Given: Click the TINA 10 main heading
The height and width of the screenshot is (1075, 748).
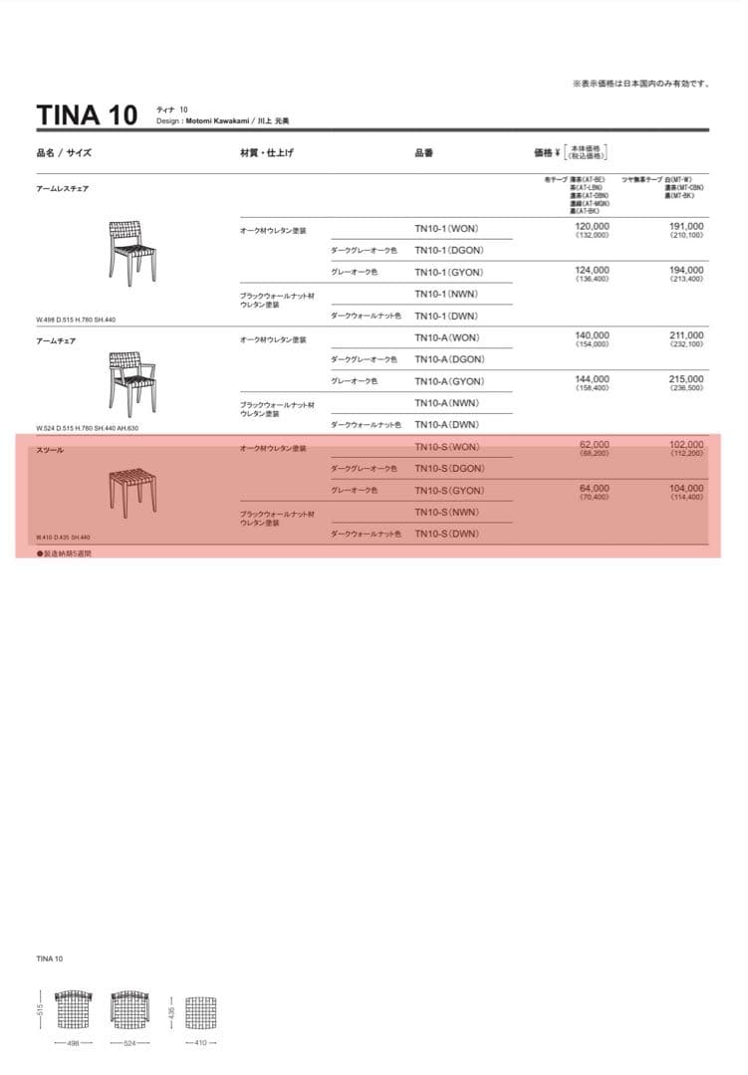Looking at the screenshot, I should tap(87, 114).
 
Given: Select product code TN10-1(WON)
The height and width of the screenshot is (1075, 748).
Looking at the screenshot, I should tap(446, 228).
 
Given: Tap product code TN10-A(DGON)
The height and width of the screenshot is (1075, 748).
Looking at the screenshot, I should tap(449, 359).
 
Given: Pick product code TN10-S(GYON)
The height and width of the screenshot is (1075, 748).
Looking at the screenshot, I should tap(449, 491).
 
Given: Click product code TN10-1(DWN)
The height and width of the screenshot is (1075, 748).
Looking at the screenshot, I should tap(446, 317).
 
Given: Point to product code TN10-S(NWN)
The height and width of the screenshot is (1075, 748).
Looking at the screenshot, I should tap(446, 513).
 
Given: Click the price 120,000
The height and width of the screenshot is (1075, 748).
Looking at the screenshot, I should tap(593, 227).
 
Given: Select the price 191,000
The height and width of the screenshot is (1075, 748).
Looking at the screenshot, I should tap(686, 227).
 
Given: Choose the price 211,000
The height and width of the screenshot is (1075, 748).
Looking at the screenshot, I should tap(686, 335).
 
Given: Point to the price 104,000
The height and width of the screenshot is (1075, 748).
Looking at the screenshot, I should tap(686, 489).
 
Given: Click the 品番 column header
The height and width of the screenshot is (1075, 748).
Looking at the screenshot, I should tap(423, 153).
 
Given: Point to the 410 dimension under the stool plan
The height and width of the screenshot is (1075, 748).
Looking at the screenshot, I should tap(200, 1043).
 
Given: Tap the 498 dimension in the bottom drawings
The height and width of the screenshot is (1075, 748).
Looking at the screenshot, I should tap(72, 1043).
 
